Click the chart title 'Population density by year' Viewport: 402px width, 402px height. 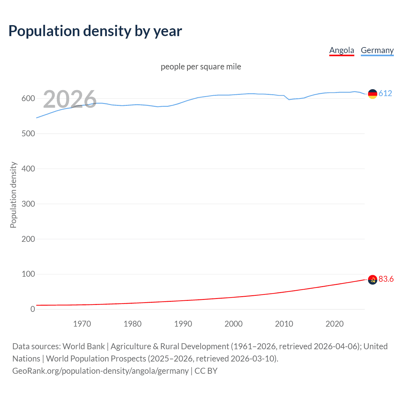[x=95, y=31]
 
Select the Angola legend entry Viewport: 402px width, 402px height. [x=341, y=50]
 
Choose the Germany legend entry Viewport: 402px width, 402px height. [x=377, y=50]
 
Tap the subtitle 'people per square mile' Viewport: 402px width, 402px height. [x=201, y=67]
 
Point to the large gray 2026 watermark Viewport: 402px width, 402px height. [x=70, y=99]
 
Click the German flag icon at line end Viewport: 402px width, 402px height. [x=372, y=94]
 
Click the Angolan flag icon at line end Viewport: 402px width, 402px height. [x=372, y=280]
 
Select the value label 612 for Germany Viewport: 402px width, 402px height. [x=385, y=93]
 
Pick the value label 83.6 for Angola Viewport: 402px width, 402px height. [x=386, y=279]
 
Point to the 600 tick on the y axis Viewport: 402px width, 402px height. [x=28, y=99]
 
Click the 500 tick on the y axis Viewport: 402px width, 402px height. [x=28, y=134]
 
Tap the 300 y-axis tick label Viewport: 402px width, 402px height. [x=28, y=204]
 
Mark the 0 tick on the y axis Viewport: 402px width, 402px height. [x=33, y=309]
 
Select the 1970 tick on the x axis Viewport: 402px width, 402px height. [x=82, y=324]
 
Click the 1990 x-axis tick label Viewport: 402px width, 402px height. [x=183, y=324]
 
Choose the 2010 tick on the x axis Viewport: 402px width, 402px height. [x=284, y=324]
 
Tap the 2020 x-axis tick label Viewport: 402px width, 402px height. [x=334, y=324]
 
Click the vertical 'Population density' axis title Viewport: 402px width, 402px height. [x=13, y=195]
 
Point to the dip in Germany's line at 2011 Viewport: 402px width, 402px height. [x=289, y=100]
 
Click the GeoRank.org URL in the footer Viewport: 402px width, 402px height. [x=100, y=371]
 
